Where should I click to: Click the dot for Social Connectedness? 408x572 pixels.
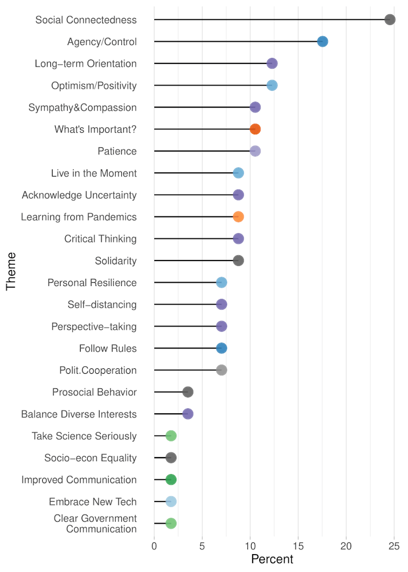[390, 19]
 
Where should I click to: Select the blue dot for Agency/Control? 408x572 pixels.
[323, 42]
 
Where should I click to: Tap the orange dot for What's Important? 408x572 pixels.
[255, 129]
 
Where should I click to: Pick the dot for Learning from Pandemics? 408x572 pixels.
[238, 217]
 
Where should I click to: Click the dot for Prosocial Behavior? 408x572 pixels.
[188, 392]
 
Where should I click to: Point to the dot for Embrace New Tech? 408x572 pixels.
[171, 502]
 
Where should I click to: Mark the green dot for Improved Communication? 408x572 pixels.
[171, 479]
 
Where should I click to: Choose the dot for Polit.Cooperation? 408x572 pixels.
[221, 370]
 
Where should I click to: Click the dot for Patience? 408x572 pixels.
[255, 151]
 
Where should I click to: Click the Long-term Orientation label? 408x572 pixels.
[85, 63]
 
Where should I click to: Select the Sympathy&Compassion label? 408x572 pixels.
[82, 107]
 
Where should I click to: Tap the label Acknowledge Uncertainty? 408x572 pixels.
[79, 195]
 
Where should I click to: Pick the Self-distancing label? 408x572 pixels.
[102, 304]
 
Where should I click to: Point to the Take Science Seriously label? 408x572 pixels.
[84, 436]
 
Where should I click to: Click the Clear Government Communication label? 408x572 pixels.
[95, 524]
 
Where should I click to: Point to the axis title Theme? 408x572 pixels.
[12, 271]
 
